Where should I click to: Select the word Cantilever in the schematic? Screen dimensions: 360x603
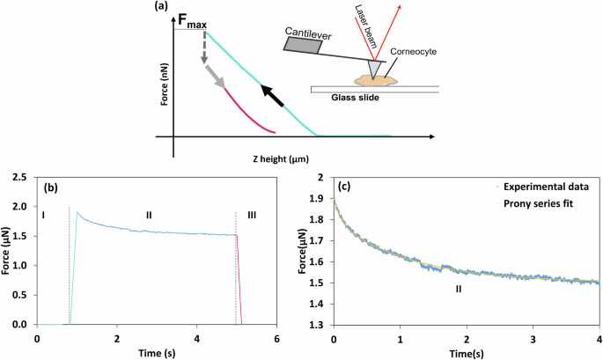click(313, 32)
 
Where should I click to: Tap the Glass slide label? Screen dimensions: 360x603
click(356, 97)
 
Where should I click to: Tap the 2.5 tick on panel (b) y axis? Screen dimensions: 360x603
click(20, 178)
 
